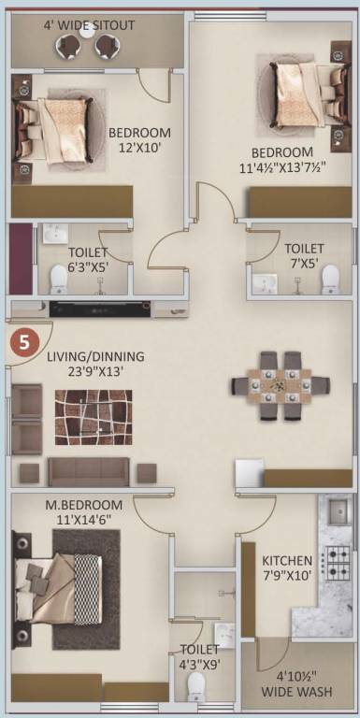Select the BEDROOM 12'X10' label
click(139, 140)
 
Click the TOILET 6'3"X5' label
click(88, 259)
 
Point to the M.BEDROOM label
click(81, 505)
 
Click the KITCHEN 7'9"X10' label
click(286, 567)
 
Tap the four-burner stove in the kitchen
click(336, 565)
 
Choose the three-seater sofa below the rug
click(90, 470)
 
